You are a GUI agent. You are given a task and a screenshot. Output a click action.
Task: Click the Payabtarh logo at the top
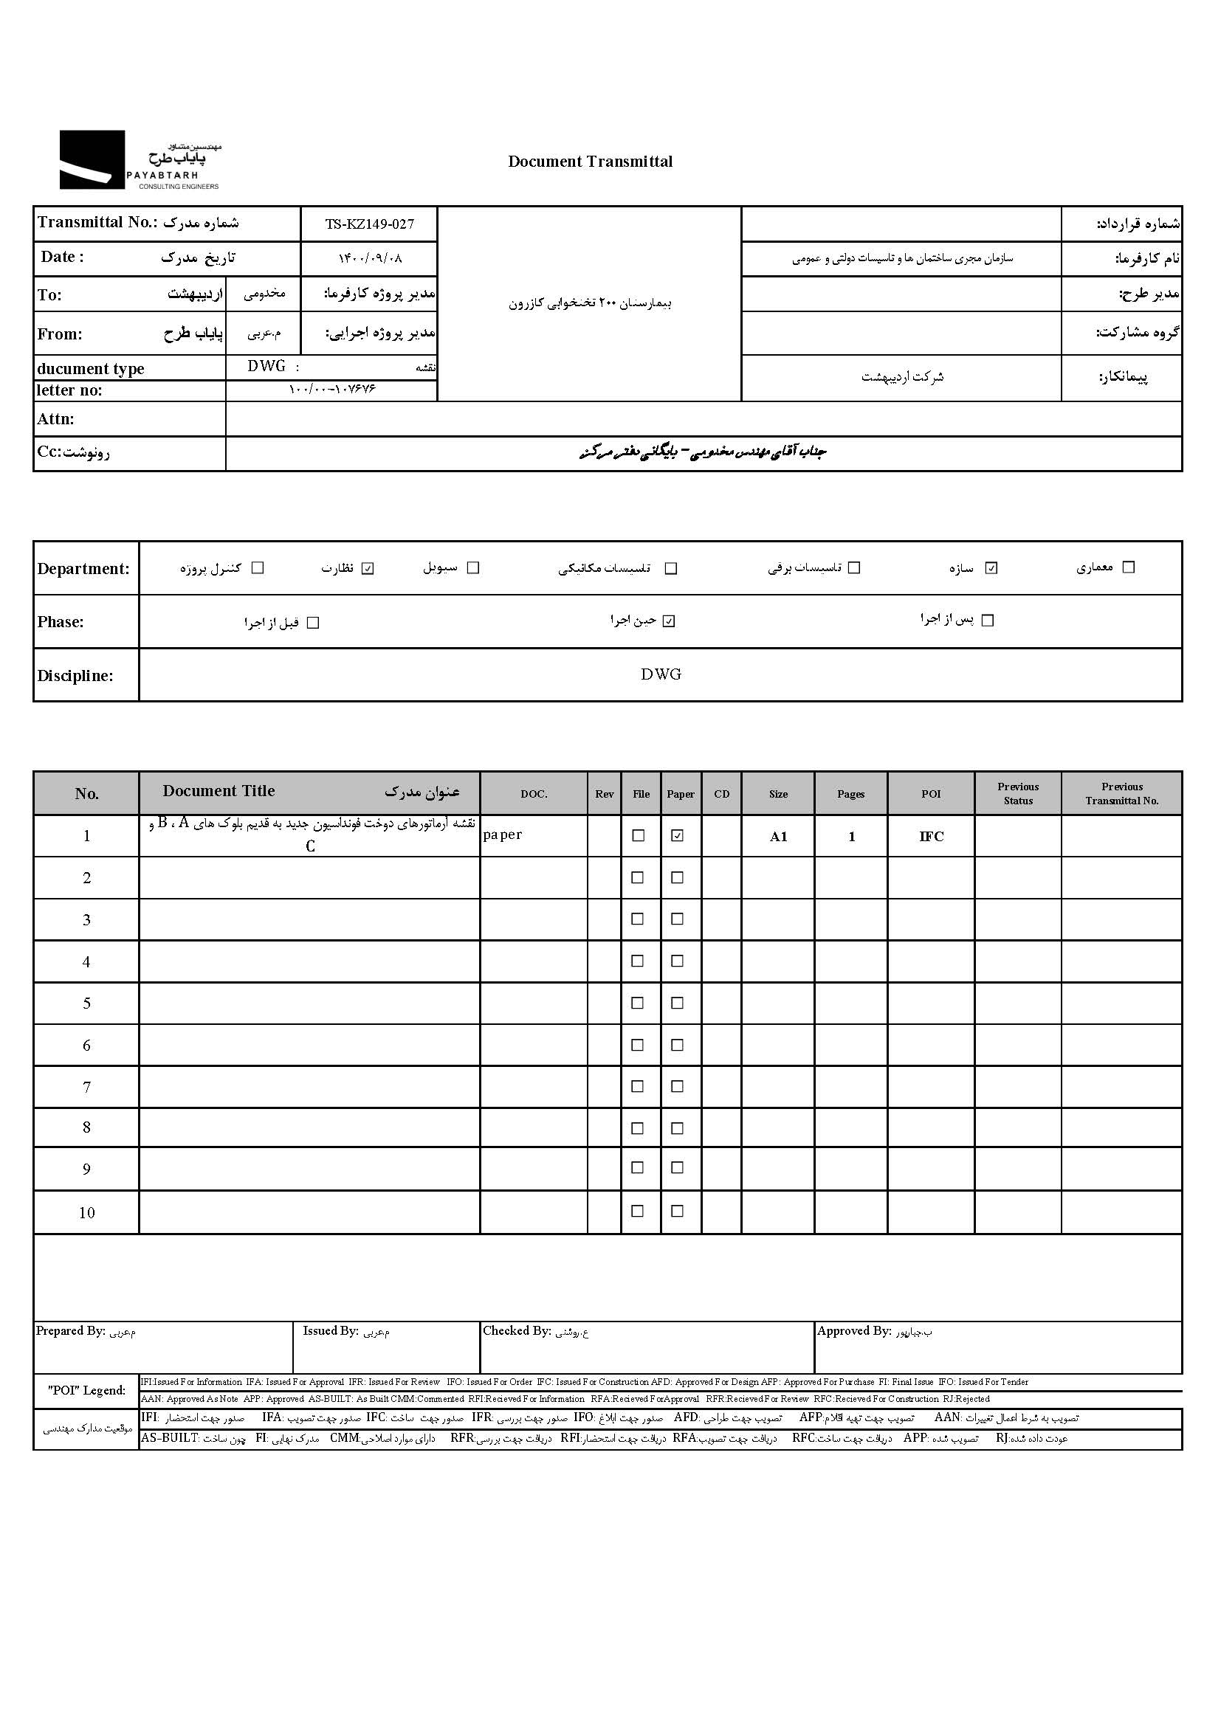pyautogui.click(x=140, y=160)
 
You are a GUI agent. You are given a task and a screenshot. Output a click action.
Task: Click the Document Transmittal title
pyautogui.click(x=591, y=162)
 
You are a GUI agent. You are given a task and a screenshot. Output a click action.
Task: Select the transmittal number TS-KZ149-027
pyautogui.click(x=369, y=224)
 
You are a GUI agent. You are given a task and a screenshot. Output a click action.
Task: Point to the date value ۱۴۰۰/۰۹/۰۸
pyautogui.click(x=370, y=258)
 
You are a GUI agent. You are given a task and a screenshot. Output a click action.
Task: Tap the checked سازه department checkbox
pyautogui.click(x=991, y=568)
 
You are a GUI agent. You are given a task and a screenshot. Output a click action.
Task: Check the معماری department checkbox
pyautogui.click(x=1128, y=567)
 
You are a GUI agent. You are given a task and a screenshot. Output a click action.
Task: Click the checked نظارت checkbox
pyautogui.click(x=368, y=568)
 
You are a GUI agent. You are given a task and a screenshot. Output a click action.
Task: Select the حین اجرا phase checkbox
pyautogui.click(x=669, y=621)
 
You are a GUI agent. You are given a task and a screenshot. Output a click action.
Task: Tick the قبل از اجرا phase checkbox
pyautogui.click(x=314, y=623)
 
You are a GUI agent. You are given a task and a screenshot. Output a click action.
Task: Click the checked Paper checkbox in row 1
pyautogui.click(x=678, y=835)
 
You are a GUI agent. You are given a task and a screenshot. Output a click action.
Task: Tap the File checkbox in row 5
pyautogui.click(x=638, y=1003)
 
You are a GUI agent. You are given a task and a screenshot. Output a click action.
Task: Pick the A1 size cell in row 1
pyautogui.click(x=778, y=836)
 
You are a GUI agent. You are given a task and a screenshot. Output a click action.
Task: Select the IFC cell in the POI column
pyautogui.click(x=931, y=836)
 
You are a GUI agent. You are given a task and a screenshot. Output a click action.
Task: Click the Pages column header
pyautogui.click(x=851, y=794)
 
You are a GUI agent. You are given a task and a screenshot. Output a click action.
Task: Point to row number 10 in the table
pyautogui.click(x=86, y=1212)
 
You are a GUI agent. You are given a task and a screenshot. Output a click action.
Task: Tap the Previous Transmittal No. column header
pyautogui.click(x=1122, y=793)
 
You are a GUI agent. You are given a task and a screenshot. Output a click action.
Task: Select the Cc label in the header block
pyautogui.click(x=73, y=452)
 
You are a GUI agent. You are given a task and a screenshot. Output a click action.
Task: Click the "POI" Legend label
pyautogui.click(x=86, y=1390)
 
